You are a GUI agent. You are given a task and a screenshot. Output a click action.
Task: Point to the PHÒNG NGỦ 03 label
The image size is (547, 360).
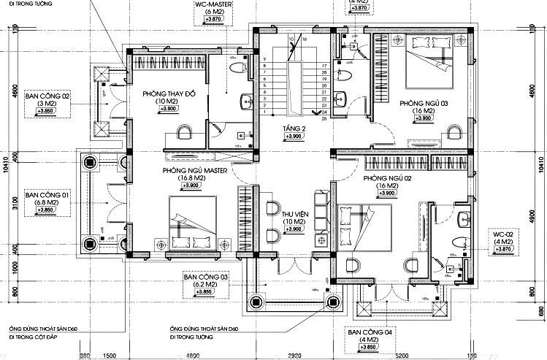[423, 104]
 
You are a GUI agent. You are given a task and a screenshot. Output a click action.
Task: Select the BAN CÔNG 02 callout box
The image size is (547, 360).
[47, 103]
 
